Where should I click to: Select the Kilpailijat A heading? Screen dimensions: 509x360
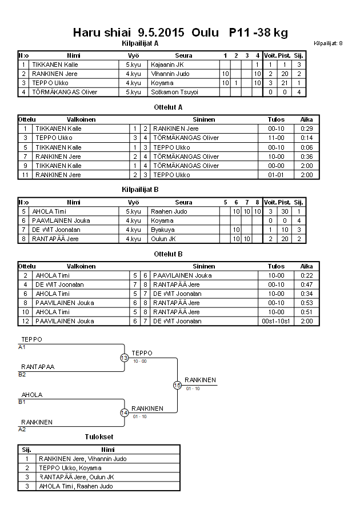(x=140, y=43)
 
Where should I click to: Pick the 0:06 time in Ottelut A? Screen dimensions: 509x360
(x=307, y=147)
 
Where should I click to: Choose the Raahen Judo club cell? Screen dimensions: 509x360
(x=166, y=211)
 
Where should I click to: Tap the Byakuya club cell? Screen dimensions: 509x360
(x=162, y=230)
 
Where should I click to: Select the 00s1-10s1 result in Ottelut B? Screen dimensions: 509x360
(x=276, y=322)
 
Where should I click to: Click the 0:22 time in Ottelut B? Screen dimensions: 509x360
(x=307, y=275)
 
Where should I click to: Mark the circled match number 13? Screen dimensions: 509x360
(x=124, y=358)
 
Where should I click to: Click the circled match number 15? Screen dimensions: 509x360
(x=177, y=385)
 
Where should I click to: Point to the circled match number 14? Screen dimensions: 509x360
(x=124, y=412)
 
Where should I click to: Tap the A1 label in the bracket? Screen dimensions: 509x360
(x=22, y=347)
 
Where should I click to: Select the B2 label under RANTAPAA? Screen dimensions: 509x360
(x=22, y=375)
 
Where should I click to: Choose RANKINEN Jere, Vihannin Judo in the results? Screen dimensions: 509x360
(x=82, y=459)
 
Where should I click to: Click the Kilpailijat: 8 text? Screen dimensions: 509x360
(x=329, y=43)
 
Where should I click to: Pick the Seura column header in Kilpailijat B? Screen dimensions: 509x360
(x=183, y=202)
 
